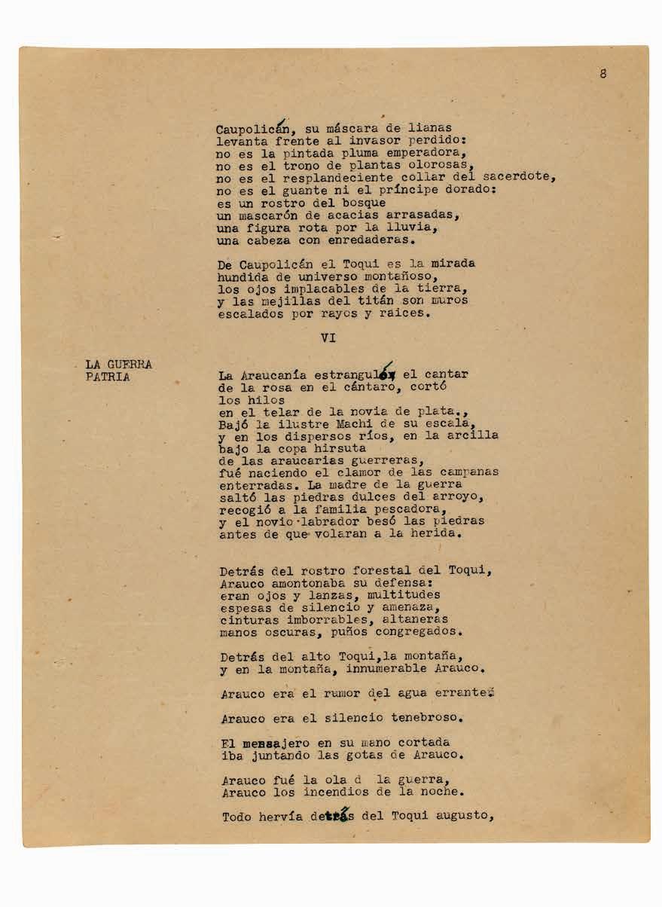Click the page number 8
pos(603,74)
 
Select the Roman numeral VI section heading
pos(328,338)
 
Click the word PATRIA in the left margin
pos(108,377)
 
